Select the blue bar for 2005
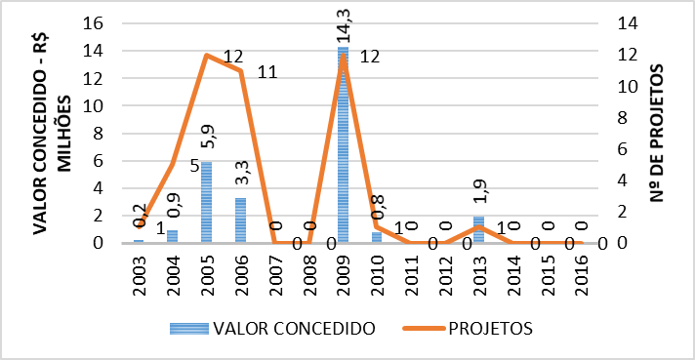click(x=207, y=201)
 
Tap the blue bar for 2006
click(x=240, y=220)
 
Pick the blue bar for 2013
click(x=478, y=229)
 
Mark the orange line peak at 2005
click(x=207, y=55)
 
